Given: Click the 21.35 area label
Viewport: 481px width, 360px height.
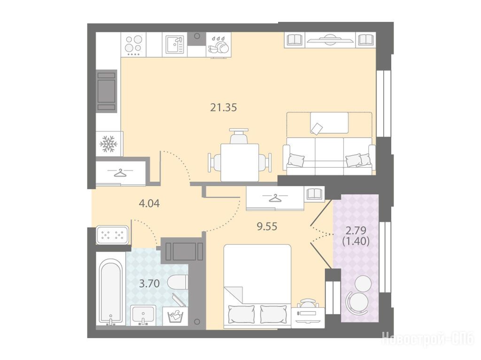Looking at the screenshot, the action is click(223, 107).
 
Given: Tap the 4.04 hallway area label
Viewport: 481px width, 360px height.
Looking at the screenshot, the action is click(149, 203).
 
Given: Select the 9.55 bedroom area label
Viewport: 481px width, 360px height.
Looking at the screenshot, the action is click(267, 227).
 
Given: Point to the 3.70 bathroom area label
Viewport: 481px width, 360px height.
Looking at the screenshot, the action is click(149, 283).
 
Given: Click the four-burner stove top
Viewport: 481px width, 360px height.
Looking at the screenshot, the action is click(134, 45).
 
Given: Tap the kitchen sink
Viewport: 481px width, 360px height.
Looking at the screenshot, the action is click(175, 45).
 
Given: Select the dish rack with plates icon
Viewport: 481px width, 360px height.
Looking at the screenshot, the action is click(218, 45).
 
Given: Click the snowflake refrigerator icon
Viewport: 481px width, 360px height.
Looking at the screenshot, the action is click(109, 144).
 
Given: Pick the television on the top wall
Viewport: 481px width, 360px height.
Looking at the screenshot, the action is click(330, 40).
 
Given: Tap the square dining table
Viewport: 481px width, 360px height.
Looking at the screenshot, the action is click(240, 162).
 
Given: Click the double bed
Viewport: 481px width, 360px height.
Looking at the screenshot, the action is click(257, 286).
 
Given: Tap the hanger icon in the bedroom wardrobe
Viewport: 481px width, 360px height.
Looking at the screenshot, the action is click(275, 199).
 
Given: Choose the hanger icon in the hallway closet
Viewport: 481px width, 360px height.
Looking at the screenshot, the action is click(120, 173).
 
